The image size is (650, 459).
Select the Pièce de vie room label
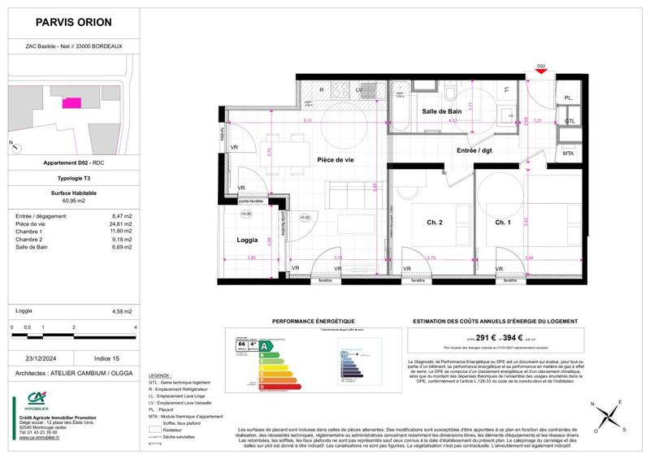(x=336, y=160)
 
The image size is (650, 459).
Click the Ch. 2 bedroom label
(x=435, y=223)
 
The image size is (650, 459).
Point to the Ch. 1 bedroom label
(x=504, y=223)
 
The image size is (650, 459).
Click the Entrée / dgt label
(x=474, y=150)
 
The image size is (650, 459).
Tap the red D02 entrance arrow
(x=540, y=74)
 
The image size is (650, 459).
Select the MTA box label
(x=568, y=153)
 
